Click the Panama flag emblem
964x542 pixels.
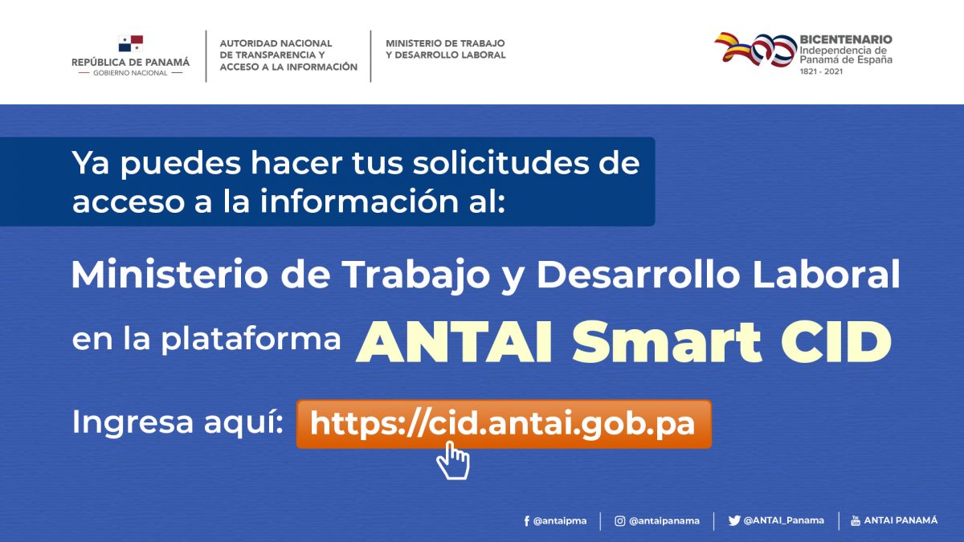coord(131,43)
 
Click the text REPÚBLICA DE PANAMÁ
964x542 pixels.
coord(130,62)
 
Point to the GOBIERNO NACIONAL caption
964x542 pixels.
coord(130,73)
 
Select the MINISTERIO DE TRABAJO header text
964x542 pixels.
coord(445,43)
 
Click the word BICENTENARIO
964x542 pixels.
coord(846,39)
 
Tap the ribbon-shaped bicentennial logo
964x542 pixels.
coord(756,50)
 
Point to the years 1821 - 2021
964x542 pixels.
coord(821,71)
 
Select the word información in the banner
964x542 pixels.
coord(359,201)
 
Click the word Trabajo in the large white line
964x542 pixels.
coord(416,276)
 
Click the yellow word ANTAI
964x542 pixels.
coord(454,342)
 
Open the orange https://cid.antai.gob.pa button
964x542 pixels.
coord(504,424)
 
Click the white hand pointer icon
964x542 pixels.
coord(453,461)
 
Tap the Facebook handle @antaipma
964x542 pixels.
coord(559,521)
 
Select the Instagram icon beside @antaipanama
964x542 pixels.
coord(619,521)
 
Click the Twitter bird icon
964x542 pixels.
coord(734,521)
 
